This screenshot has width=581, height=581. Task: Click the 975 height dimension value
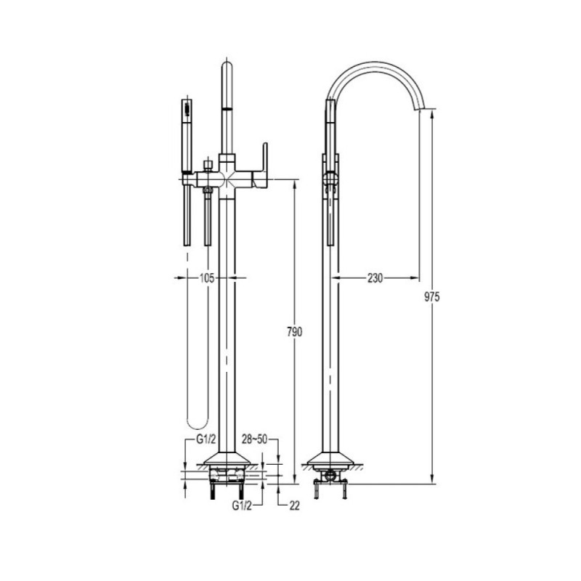coord(431,297)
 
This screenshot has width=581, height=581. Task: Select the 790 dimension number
coord(295,332)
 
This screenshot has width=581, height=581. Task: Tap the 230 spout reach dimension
coord(375,278)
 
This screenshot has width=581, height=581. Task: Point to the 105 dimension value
coord(207,278)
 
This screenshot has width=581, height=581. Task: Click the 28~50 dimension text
coord(255,439)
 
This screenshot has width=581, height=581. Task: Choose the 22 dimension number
coord(294,505)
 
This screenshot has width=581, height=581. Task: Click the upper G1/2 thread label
coord(206,439)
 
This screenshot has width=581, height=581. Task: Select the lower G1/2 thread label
coord(242,505)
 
